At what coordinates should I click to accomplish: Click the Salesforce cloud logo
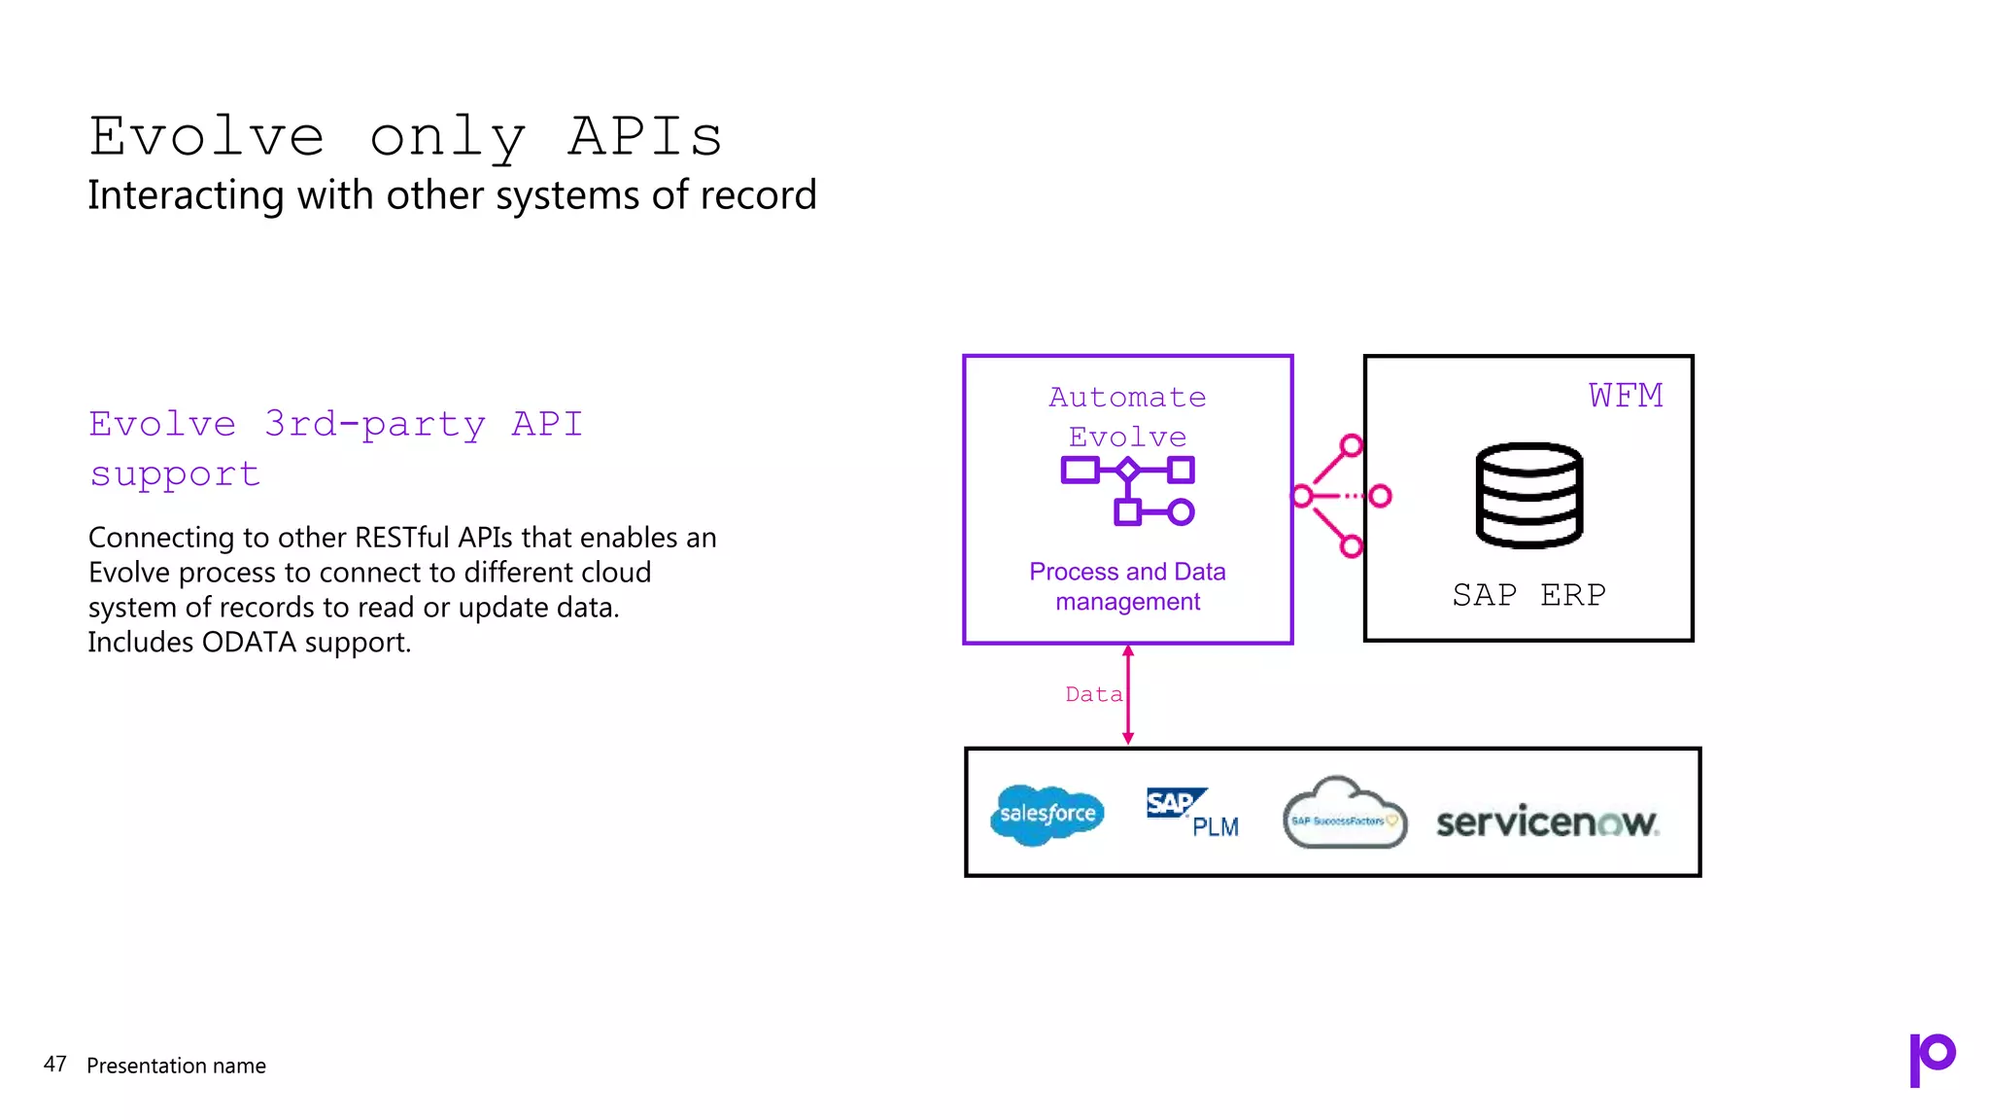[1047, 814]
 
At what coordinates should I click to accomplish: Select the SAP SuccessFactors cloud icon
[1344, 815]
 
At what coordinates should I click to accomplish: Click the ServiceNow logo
[1547, 822]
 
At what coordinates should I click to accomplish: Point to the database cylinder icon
[1528, 495]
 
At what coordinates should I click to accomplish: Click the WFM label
[1626, 396]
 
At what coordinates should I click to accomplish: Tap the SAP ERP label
[1528, 594]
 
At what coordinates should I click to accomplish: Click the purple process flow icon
[1127, 490]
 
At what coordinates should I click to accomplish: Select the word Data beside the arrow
[1093, 694]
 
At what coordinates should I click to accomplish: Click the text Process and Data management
[1127, 586]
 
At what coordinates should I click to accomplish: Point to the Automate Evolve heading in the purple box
[1127, 416]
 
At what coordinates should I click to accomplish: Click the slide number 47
[54, 1065]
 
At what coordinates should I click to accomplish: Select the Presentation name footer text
[176, 1066]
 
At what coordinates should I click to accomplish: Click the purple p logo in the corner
[1931, 1059]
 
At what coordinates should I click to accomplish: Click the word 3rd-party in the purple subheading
[374, 425]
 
